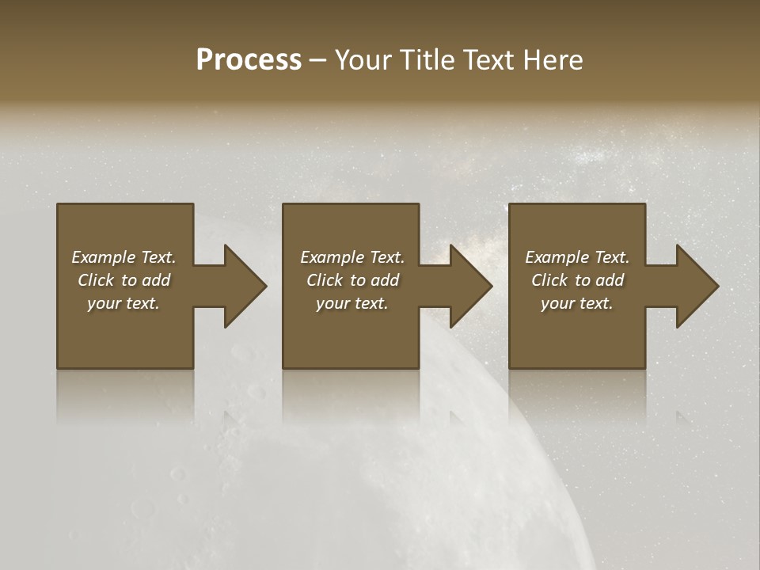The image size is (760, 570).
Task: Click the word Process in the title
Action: (x=249, y=60)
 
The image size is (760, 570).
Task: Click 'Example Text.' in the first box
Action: (x=123, y=257)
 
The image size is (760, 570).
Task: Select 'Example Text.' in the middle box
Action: (x=351, y=257)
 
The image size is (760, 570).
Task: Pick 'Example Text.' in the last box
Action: (x=577, y=257)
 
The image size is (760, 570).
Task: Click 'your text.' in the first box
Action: (x=123, y=303)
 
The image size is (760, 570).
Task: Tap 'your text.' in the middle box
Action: (x=351, y=303)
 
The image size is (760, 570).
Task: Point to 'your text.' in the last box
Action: (x=577, y=303)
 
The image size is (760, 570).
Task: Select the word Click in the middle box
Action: (x=325, y=280)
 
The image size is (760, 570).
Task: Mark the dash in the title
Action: (x=317, y=60)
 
